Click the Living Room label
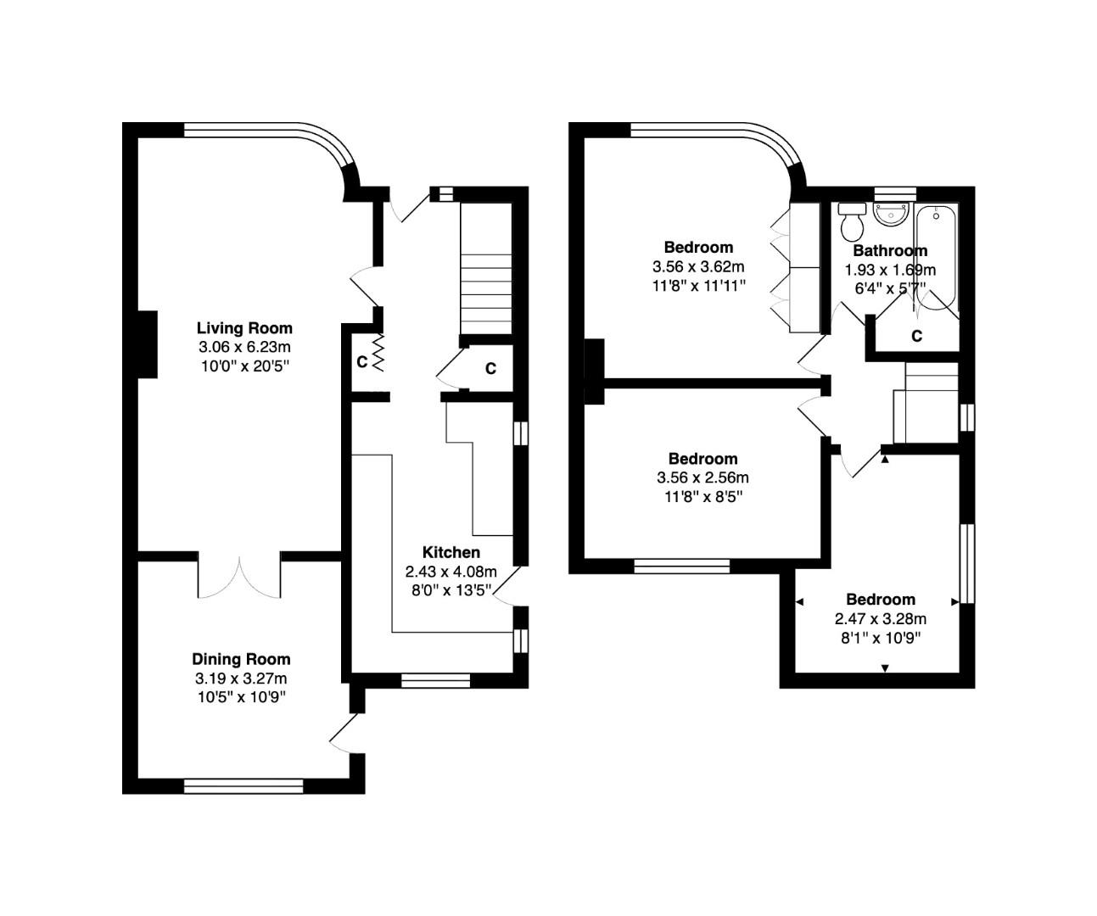pyautogui.click(x=244, y=328)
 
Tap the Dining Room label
pyautogui.click(x=241, y=659)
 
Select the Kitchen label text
pyautogui.click(x=451, y=552)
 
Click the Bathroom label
pyautogui.click(x=889, y=250)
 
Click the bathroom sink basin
pyautogui.click(x=890, y=215)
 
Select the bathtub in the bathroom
pyautogui.click(x=936, y=254)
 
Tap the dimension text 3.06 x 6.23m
pyautogui.click(x=244, y=347)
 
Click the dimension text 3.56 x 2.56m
pyautogui.click(x=702, y=478)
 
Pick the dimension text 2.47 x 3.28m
pyautogui.click(x=880, y=618)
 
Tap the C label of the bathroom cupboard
pyautogui.click(x=916, y=336)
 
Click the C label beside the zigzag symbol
pyautogui.click(x=361, y=362)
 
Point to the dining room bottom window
pyautogui.click(x=243, y=785)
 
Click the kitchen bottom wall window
pyautogui.click(x=435, y=679)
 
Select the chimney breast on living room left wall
pyautogui.click(x=146, y=343)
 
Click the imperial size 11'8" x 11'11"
pyautogui.click(x=698, y=285)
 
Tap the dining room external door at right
pyautogui.click(x=344, y=731)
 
